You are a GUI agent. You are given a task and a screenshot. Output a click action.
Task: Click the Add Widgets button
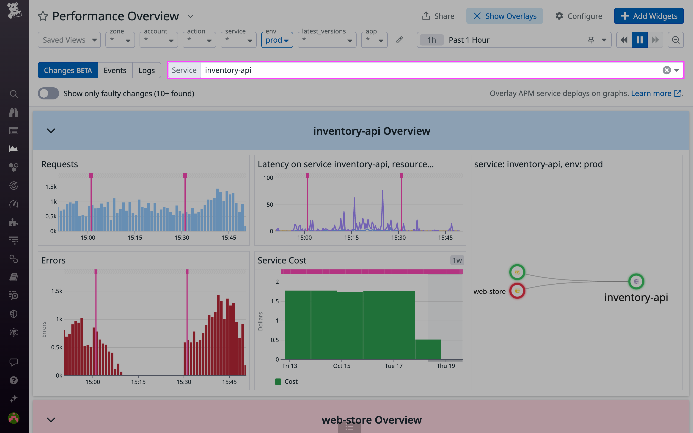coord(649,16)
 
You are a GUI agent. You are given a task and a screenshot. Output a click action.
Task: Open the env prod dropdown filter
coord(277,40)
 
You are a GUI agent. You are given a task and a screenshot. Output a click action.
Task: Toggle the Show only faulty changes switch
coord(48,94)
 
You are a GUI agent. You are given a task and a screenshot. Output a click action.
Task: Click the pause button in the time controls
coord(639,40)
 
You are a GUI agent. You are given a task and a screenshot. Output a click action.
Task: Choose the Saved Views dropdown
coord(69,40)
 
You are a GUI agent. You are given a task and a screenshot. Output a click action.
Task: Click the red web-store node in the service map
coord(517,291)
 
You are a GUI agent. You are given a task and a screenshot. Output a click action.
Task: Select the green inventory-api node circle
coord(636,282)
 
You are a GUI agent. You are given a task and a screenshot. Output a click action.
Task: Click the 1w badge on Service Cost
coord(457,260)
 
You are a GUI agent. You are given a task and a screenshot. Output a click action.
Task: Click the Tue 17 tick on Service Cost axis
coord(393,366)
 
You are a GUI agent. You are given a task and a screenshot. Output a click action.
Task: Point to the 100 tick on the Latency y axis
coord(268,178)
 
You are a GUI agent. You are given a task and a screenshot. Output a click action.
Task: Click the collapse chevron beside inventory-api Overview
coord(51,131)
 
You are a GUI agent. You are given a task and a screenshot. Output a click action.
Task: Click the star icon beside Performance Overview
coord(43,16)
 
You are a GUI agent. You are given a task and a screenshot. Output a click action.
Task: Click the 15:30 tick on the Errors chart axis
coord(184,382)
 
